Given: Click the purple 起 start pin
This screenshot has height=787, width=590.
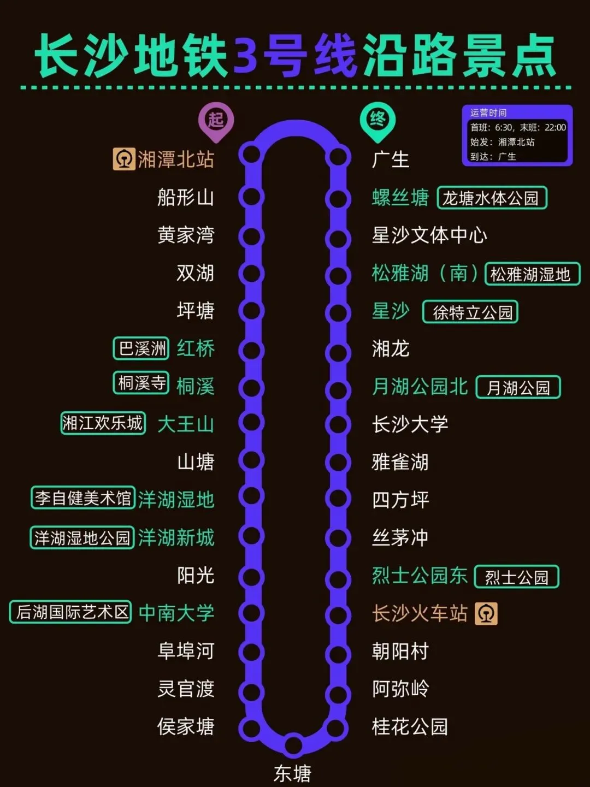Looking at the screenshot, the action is pyautogui.click(x=216, y=120).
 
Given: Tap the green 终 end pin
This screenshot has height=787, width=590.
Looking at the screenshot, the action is pyautogui.click(x=377, y=120).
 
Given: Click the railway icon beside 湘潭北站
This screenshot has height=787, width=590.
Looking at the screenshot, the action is pyautogui.click(x=124, y=159).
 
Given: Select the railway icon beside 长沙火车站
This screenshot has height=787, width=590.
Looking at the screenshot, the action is pyautogui.click(x=486, y=613).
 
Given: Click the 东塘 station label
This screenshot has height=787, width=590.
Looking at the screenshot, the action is pyautogui.click(x=292, y=773).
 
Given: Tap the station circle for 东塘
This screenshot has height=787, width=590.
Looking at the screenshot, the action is pyautogui.click(x=294, y=744).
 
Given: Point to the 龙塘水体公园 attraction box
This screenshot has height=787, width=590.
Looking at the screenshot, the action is pyautogui.click(x=492, y=198).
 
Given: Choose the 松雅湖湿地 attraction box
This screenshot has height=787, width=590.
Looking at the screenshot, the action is pyautogui.click(x=532, y=274).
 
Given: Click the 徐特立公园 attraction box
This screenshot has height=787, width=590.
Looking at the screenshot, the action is pyautogui.click(x=470, y=312).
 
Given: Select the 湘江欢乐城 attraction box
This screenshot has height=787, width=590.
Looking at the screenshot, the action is pyautogui.click(x=103, y=423).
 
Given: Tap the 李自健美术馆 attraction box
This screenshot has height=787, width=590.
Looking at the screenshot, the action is pyautogui.click(x=82, y=498).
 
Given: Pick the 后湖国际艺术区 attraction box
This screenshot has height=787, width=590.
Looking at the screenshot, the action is pyautogui.click(x=71, y=612).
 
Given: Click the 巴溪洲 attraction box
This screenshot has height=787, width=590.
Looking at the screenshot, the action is pyautogui.click(x=141, y=348).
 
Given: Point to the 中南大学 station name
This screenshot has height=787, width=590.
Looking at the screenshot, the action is pyautogui.click(x=176, y=613).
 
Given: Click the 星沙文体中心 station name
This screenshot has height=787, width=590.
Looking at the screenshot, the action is pyautogui.click(x=429, y=235).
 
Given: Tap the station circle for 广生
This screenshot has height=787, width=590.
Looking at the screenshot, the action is pyautogui.click(x=338, y=157).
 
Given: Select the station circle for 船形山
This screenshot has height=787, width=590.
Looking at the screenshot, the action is pyautogui.click(x=251, y=197).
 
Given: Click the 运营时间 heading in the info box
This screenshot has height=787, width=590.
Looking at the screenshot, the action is pyautogui.click(x=488, y=113).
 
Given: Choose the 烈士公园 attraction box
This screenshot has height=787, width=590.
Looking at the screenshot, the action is pyautogui.click(x=516, y=577).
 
